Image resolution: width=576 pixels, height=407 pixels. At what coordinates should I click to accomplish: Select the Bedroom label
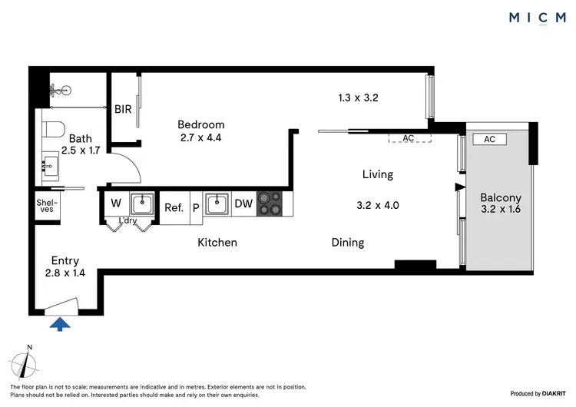tap(200, 124)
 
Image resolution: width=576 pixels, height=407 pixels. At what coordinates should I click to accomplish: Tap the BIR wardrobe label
tap(123, 109)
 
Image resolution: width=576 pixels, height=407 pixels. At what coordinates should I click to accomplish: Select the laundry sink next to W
tap(141, 203)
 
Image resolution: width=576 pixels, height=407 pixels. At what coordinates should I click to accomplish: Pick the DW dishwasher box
tap(243, 203)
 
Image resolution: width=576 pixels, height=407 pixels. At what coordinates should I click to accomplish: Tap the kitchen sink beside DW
tap(216, 203)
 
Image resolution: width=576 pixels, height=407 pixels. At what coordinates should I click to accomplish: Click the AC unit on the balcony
tap(490, 139)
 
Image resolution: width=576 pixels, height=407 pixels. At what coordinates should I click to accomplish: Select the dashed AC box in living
tap(409, 137)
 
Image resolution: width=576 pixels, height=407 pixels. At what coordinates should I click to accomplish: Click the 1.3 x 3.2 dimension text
tap(359, 98)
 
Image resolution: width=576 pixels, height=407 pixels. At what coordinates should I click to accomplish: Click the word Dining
tap(347, 243)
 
